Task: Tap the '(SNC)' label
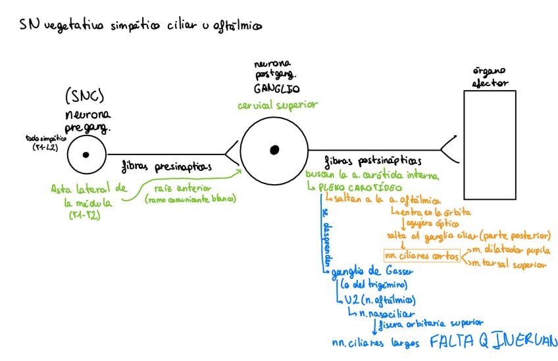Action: pos(84,97)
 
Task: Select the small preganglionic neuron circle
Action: pos(86,156)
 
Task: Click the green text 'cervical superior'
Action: pos(278,105)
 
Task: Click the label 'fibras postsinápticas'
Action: pos(373,160)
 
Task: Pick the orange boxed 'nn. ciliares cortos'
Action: pos(421,255)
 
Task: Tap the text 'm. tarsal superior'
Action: pos(509,264)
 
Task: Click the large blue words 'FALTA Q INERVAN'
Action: pos(493,342)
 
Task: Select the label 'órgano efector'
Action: pos(490,77)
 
